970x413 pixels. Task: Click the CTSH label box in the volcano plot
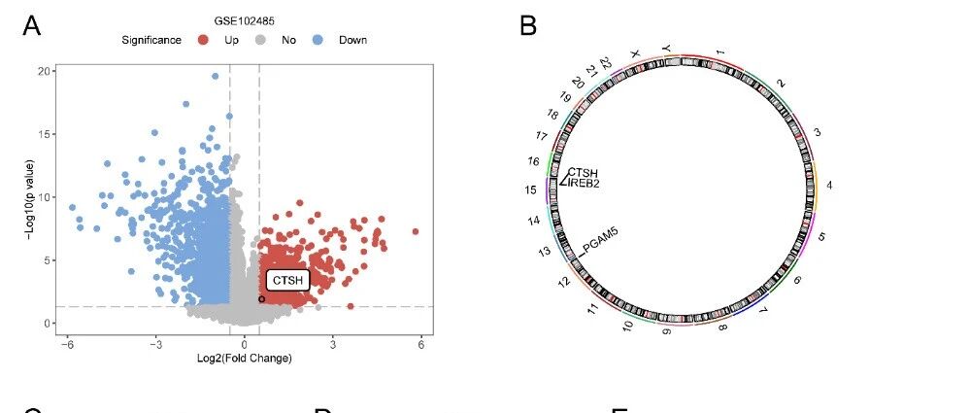(x=287, y=281)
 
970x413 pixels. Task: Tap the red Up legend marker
(x=203, y=40)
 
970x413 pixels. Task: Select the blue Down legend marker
(x=318, y=40)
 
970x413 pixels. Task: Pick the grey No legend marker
(x=261, y=40)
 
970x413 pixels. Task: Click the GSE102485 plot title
(x=245, y=21)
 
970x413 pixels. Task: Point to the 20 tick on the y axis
(x=44, y=71)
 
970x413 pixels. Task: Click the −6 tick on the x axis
(x=67, y=345)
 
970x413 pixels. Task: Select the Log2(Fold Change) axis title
(x=245, y=359)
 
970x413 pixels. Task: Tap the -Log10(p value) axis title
(x=29, y=199)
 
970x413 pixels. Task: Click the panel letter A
(x=31, y=26)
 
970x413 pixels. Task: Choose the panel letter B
(x=527, y=26)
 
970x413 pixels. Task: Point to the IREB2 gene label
(x=584, y=184)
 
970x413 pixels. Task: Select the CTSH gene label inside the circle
(x=583, y=173)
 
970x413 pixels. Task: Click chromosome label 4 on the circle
(x=829, y=186)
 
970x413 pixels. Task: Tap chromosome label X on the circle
(x=633, y=54)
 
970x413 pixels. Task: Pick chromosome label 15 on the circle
(x=531, y=190)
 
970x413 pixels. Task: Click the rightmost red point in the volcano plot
(x=416, y=231)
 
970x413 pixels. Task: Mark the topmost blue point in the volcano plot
(x=216, y=76)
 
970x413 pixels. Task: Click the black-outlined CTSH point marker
(x=262, y=299)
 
